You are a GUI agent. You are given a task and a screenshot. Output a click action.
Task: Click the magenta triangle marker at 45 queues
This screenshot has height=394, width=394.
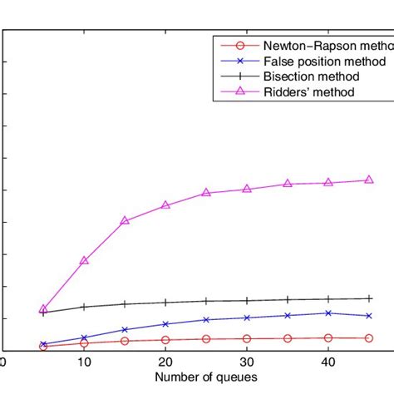[369, 180]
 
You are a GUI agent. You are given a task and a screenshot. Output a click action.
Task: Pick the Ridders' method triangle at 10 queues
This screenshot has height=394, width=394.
[84, 260]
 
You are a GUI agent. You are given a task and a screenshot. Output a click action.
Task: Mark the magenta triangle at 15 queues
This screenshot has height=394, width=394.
[125, 220]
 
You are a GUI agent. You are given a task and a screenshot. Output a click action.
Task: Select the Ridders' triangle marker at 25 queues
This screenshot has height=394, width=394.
[206, 192]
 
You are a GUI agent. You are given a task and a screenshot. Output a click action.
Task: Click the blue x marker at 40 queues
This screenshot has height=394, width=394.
[328, 313]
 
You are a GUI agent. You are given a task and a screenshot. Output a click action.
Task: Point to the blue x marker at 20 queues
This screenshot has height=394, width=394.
[165, 324]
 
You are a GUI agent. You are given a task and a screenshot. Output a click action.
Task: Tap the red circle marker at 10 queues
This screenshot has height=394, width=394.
[84, 342]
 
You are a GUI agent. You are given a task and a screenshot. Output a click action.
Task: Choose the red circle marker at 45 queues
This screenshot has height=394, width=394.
[369, 337]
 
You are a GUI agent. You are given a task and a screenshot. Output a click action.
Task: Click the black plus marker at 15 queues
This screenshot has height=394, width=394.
[125, 304]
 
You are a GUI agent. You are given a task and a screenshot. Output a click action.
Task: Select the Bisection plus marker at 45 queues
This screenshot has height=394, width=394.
[369, 298]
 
